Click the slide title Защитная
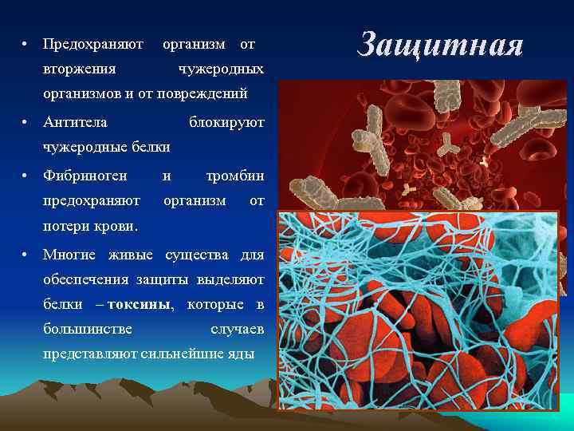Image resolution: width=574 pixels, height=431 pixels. pos(439,45)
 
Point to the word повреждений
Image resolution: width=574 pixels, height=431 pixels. pos(210,94)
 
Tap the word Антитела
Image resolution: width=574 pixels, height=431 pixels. pos(75,121)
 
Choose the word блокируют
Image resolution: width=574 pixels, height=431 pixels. pos(226,121)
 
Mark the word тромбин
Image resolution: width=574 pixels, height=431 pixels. pos(235,174)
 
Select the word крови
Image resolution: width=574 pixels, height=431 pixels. pos(117,226)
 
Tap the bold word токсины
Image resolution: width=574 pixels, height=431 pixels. pos(139,305)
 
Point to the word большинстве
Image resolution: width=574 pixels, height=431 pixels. pos(88,329)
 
